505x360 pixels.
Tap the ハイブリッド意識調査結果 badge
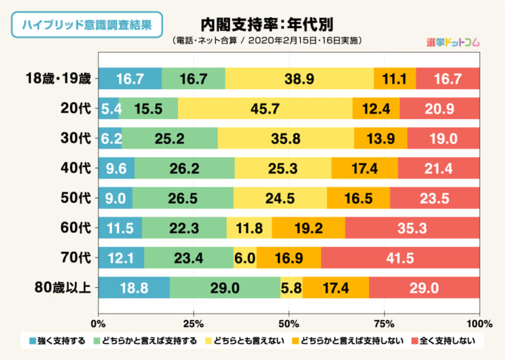pyautogui.click(x=87, y=25)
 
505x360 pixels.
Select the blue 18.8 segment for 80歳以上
pyautogui.click(x=133, y=288)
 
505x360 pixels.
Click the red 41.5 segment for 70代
pyautogui.click(x=400, y=258)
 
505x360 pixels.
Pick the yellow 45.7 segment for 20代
pyautogui.click(x=265, y=108)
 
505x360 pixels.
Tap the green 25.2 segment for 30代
pyautogui.click(x=170, y=138)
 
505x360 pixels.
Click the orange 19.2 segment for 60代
pyautogui.click(x=308, y=227)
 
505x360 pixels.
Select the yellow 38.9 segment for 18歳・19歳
pyautogui.click(x=299, y=78)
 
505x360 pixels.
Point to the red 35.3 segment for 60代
pyautogui.click(x=412, y=227)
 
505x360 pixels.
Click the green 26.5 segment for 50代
pyautogui.click(x=182, y=198)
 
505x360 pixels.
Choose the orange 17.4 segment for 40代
pyautogui.click(x=364, y=168)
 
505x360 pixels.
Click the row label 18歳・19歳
pyautogui.click(x=57, y=78)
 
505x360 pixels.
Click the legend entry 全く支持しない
pyautogui.click(x=443, y=342)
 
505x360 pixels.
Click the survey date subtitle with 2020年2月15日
pyautogui.click(x=267, y=41)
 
